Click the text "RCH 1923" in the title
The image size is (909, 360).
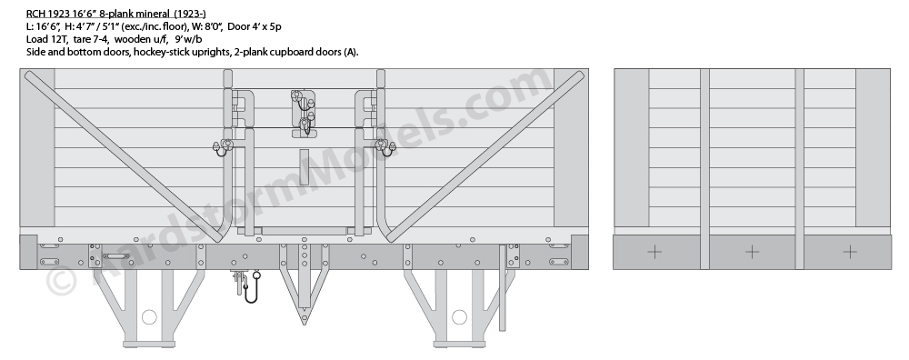[x=44, y=14]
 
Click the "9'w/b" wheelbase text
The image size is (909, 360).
[x=188, y=39]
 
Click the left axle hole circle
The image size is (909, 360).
[x=149, y=317]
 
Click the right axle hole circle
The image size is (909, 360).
[x=459, y=317]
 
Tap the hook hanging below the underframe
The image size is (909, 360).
[x=252, y=292]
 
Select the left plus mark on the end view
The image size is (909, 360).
[x=654, y=252]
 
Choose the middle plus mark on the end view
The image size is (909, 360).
[x=752, y=252]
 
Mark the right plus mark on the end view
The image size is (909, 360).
[x=849, y=252]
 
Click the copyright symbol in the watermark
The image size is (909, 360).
[x=61, y=281]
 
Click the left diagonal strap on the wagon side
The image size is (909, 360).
[x=123, y=156]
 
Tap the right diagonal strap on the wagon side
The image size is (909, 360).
[x=485, y=156]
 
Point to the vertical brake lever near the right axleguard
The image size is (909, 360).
[x=502, y=287]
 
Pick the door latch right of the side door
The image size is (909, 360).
[x=385, y=147]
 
